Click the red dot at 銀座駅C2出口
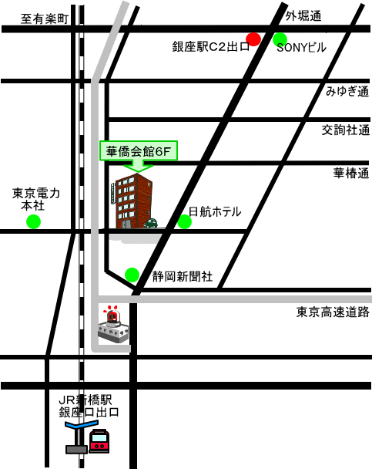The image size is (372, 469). (253, 39)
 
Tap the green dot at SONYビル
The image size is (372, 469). (280, 39)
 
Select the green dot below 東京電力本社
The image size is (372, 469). (33, 221)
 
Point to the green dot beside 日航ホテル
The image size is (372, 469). (185, 221)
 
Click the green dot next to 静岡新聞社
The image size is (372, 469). (132, 275)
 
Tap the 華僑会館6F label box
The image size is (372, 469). (139, 151)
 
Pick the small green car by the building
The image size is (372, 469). (151, 223)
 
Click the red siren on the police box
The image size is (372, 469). (112, 315)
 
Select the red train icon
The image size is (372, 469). (99, 440)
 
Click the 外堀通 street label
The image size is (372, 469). (303, 16)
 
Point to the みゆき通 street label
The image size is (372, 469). (347, 91)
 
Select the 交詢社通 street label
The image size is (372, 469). (346, 130)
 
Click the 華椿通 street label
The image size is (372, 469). (351, 174)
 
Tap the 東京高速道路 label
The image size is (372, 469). (333, 312)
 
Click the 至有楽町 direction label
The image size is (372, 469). (45, 19)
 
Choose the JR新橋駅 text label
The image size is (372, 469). (85, 400)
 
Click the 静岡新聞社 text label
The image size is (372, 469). (183, 276)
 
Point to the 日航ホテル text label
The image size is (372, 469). (215, 212)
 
